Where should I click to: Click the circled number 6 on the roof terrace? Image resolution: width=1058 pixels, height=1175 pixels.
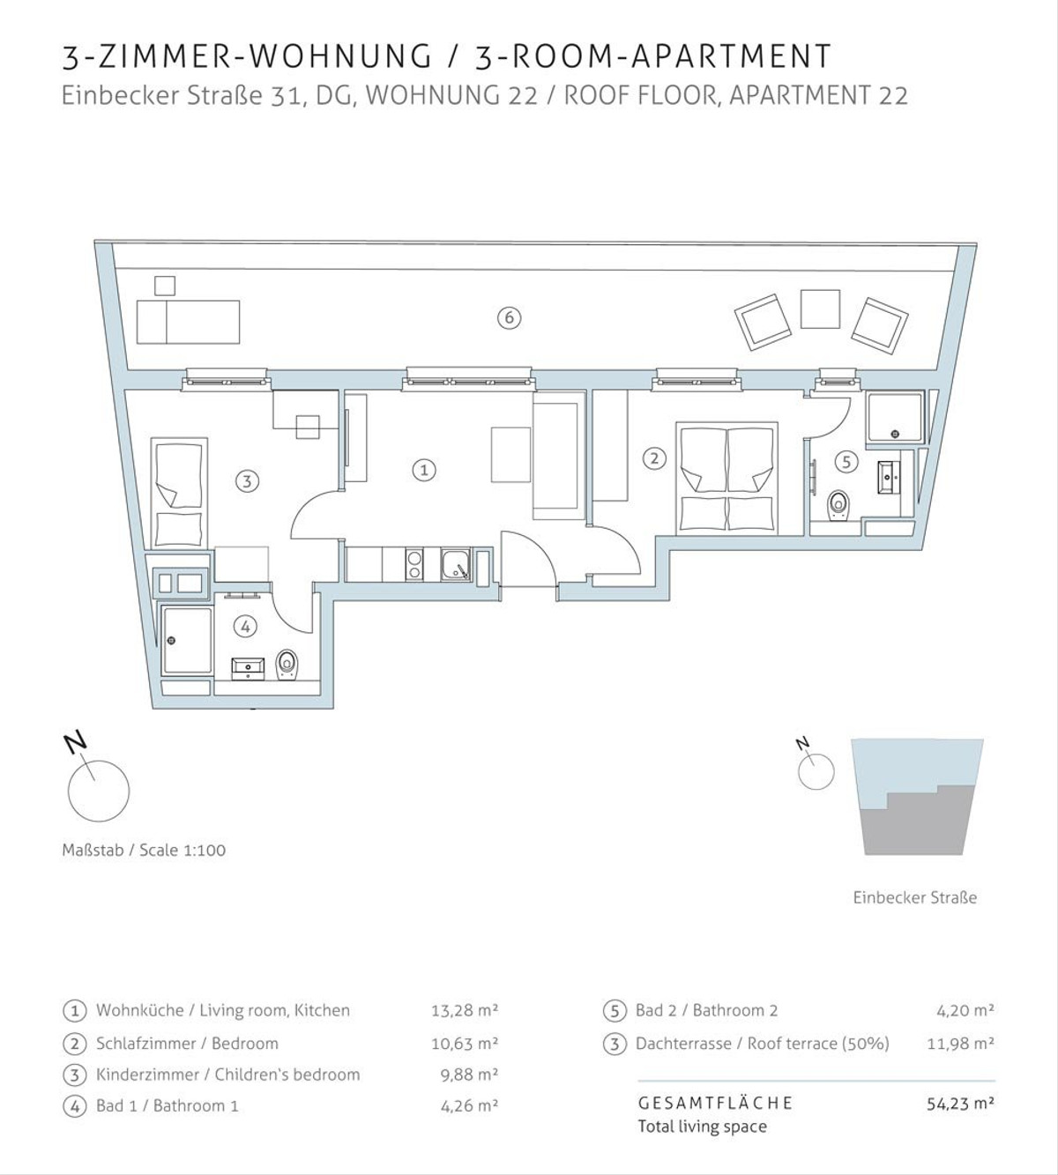[509, 318]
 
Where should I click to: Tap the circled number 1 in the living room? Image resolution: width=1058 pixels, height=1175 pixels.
[424, 470]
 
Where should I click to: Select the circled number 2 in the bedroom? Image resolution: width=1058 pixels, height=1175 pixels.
[654, 458]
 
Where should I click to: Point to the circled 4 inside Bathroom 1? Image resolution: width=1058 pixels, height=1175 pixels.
[245, 627]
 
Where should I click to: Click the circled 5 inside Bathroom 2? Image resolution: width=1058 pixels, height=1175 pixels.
[846, 462]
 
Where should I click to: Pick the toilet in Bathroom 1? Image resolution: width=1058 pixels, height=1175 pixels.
[287, 665]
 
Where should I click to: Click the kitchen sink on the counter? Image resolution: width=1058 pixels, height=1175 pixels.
[456, 565]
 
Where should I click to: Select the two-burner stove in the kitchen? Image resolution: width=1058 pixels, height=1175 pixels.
[414, 565]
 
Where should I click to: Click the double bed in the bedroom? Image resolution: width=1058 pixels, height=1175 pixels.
[727, 477]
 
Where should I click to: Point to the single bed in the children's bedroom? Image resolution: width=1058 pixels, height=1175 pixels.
[179, 494]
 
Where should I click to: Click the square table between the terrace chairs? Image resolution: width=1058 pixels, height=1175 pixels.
[820, 309]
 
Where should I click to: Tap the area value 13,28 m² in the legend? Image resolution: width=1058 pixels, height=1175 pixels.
[465, 1010]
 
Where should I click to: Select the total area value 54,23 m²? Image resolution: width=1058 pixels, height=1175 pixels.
[961, 1104]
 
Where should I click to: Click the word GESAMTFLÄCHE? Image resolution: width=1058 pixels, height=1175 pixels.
[715, 1103]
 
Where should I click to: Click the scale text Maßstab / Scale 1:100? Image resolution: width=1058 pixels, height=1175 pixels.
[144, 850]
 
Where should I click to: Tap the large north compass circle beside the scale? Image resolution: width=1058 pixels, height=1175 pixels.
[99, 791]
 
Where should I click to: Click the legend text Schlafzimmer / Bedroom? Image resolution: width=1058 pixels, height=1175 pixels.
[187, 1043]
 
